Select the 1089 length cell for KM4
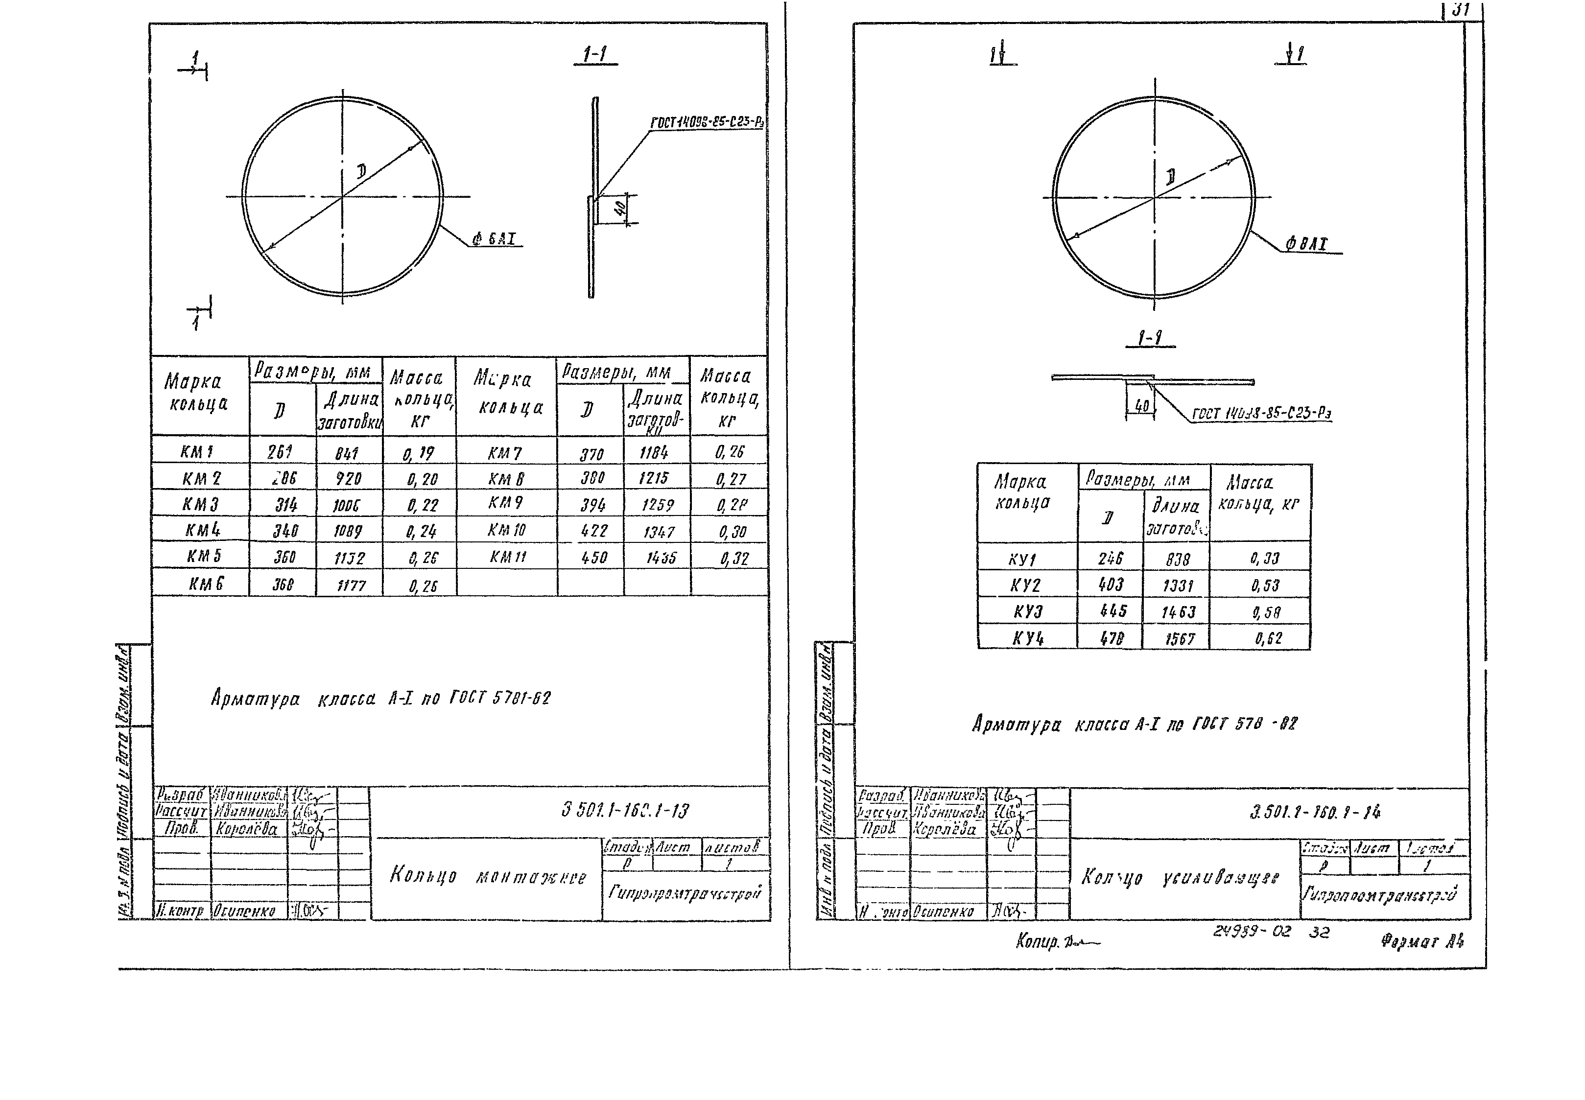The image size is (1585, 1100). (348, 531)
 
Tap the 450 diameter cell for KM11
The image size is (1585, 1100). (593, 558)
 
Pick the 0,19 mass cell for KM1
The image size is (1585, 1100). (419, 453)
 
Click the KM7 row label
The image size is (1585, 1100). (505, 453)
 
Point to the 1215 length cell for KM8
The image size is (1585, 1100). (654, 478)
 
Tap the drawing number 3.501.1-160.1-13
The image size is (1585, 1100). (625, 811)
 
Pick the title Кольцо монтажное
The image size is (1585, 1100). (487, 876)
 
